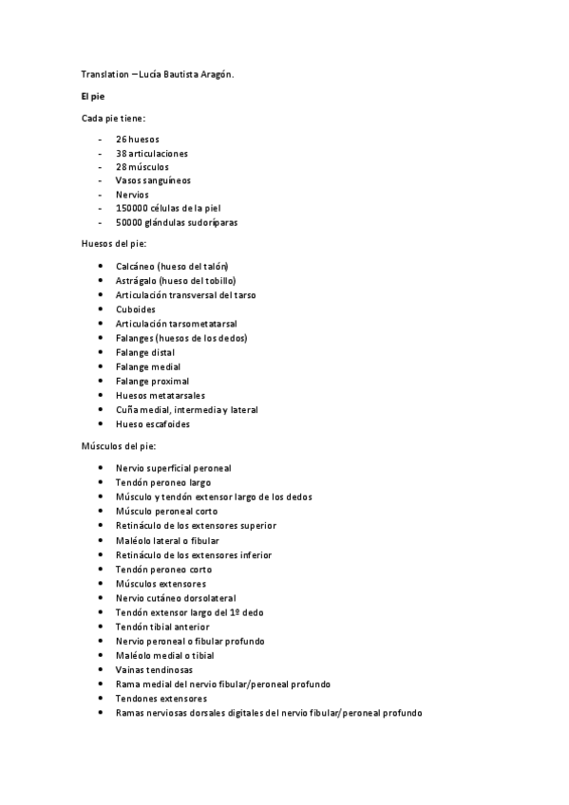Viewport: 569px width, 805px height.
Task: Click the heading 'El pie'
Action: tap(94, 97)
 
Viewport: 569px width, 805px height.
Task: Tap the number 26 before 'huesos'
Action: tap(122, 139)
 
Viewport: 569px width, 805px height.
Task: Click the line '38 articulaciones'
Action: tap(152, 153)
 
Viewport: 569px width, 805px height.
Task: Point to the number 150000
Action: tap(130, 208)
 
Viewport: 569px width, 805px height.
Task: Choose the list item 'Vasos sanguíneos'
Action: tap(153, 180)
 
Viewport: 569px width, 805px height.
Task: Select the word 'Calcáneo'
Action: tap(136, 267)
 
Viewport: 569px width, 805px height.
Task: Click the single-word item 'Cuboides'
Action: tap(136, 309)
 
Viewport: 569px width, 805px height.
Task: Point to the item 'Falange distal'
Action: tap(145, 352)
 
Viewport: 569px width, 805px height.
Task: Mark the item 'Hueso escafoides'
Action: tap(152, 424)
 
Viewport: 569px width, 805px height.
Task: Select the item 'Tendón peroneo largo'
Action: tap(163, 482)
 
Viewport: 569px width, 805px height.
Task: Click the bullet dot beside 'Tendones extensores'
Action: tap(101, 699)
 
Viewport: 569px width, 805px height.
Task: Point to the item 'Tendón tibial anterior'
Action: tap(162, 627)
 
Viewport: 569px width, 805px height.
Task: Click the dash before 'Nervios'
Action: tap(100, 195)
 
